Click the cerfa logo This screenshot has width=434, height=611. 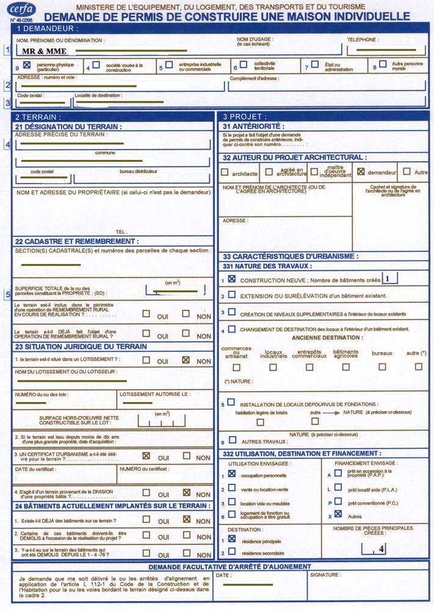pyautogui.click(x=21, y=9)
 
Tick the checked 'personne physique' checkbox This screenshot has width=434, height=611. pyautogui.click(x=27, y=64)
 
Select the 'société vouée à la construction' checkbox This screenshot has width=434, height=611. pyautogui.click(x=96, y=64)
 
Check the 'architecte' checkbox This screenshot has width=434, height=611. pyautogui.click(x=225, y=173)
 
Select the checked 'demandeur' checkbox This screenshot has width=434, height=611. pyautogui.click(x=360, y=172)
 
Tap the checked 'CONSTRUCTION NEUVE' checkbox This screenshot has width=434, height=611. pyautogui.click(x=232, y=279)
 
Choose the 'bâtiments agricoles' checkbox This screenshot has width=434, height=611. pyautogui.click(x=346, y=367)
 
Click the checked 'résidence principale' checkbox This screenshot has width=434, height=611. pyautogui.click(x=232, y=539)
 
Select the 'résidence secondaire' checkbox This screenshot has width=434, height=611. pyautogui.click(x=232, y=552)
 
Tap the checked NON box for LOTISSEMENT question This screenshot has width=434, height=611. pyautogui.click(x=186, y=360)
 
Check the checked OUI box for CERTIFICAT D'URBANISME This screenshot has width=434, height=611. pyautogui.click(x=146, y=456)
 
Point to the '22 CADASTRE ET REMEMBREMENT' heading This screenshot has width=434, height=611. pyautogui.click(x=77, y=241)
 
